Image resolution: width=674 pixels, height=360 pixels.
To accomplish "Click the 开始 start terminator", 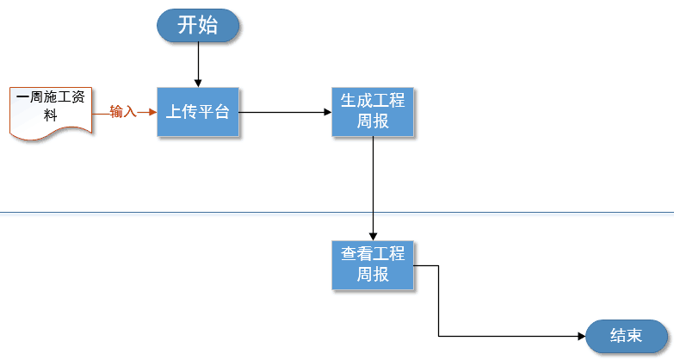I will click(198, 25).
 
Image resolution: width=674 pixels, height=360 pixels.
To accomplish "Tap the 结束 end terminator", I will click(626, 336).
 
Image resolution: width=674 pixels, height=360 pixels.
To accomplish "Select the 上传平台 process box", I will click(197, 111).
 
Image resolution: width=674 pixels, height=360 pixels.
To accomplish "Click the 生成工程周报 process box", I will click(373, 111).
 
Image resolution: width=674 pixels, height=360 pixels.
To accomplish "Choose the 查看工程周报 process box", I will click(373, 264).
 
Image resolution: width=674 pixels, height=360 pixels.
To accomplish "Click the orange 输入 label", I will click(123, 112).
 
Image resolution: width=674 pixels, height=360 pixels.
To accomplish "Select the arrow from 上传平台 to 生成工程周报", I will click(284, 112).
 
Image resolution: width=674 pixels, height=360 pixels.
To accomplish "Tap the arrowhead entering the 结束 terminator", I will click(581, 336).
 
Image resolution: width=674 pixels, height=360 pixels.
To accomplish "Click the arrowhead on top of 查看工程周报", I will click(373, 235).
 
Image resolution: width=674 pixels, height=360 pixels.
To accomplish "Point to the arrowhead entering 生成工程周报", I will click(327, 112).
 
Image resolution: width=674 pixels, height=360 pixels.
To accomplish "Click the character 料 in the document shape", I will click(51, 115).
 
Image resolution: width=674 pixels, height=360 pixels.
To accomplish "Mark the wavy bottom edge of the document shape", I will click(51, 134).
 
